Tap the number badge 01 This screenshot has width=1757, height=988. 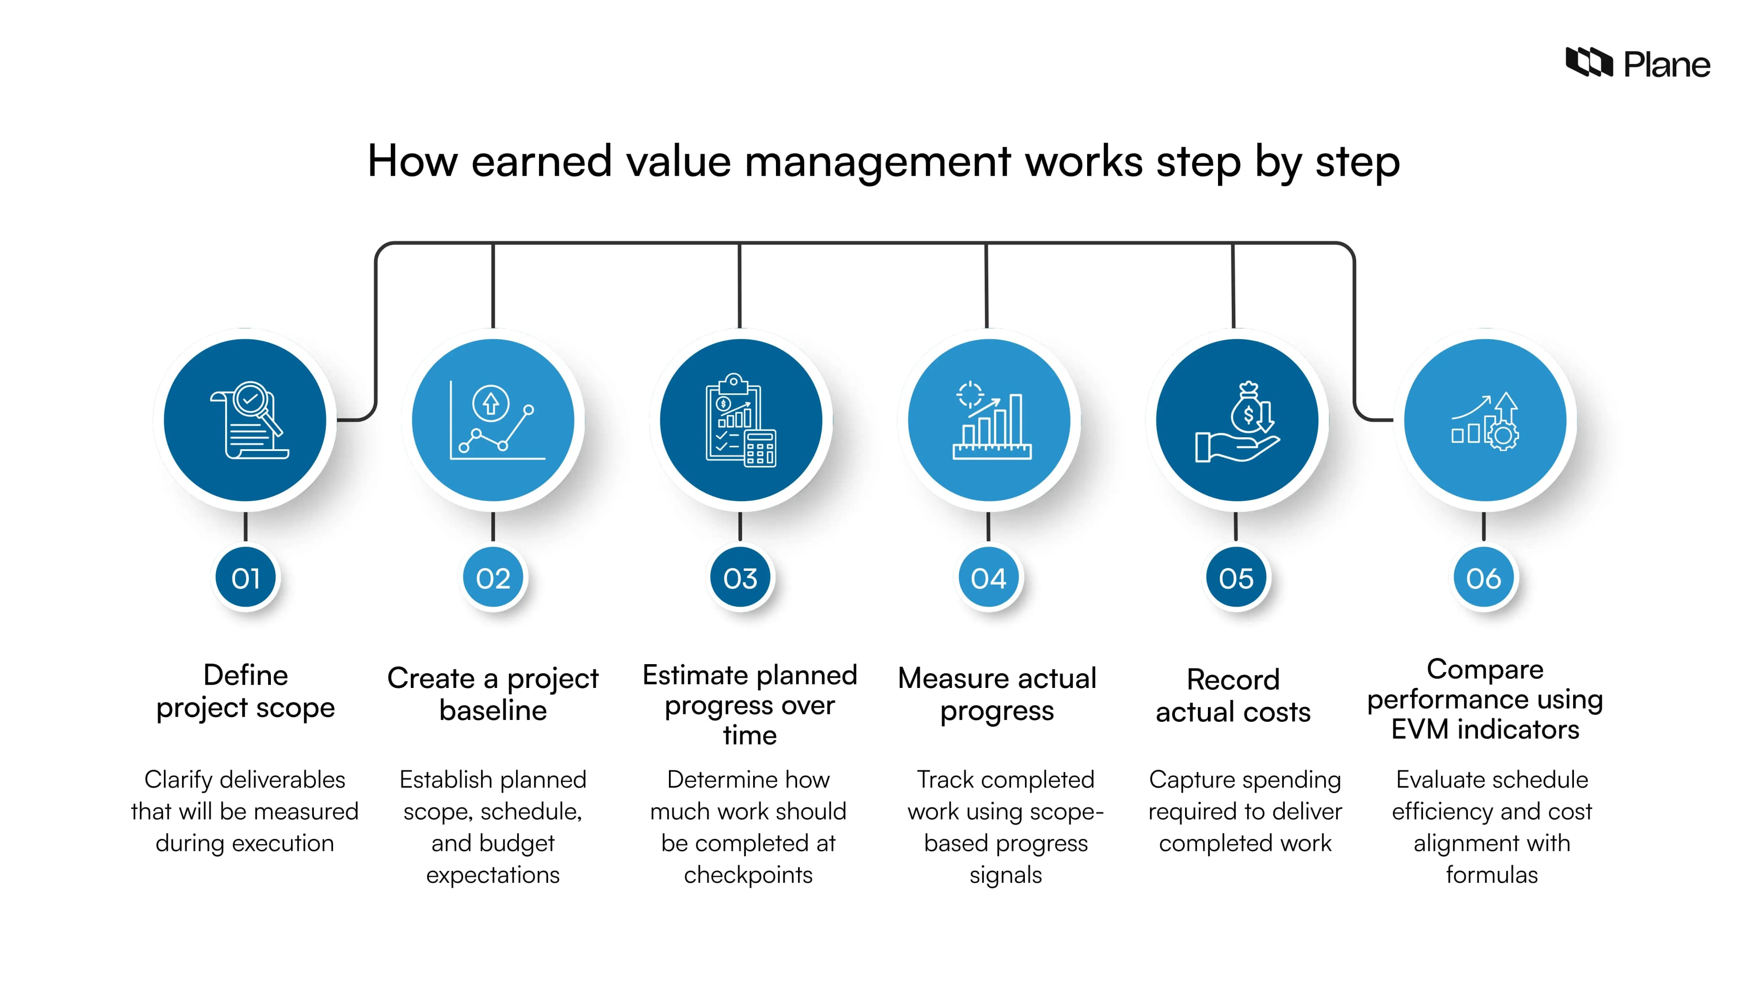pyautogui.click(x=246, y=578)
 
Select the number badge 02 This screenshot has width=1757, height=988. pyautogui.click(x=493, y=578)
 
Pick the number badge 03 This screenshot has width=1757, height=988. pyautogui.click(x=740, y=578)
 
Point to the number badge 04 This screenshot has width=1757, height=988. pyautogui.click(x=988, y=578)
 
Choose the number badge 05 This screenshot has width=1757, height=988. pyautogui.click(x=1236, y=578)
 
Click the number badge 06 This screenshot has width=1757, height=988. pyautogui.click(x=1483, y=578)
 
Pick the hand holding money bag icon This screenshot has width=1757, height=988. pyautogui.click(x=1237, y=421)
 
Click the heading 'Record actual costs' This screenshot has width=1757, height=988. pyautogui.click(x=1233, y=695)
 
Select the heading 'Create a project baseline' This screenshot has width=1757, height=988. pyautogui.click(x=493, y=694)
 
